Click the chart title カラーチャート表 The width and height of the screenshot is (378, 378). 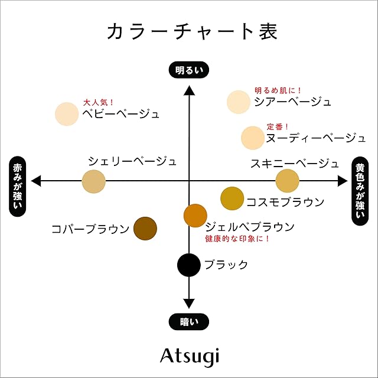tap(188, 31)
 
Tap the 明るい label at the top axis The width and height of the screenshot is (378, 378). tap(189, 70)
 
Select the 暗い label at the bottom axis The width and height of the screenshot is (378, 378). tap(189, 321)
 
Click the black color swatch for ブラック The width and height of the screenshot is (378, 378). tap(189, 264)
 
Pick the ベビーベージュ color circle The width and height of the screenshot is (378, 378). tap(66, 114)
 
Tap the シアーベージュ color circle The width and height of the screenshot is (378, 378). tap(239, 102)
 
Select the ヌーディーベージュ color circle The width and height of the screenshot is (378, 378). tap(253, 138)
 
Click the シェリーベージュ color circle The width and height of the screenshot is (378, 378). tap(93, 181)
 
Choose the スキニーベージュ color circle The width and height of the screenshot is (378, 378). tap(287, 181)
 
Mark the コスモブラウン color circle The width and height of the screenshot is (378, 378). tap(232, 198)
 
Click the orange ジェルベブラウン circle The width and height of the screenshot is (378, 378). tap(195, 216)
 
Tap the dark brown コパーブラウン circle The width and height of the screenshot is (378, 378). tap(145, 229)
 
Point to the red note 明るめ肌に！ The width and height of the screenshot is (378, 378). tap(278, 90)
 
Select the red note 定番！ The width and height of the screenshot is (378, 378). tap(278, 126)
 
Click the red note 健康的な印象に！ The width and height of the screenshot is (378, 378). tap(237, 239)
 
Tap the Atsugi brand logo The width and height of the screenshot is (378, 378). tap(189, 356)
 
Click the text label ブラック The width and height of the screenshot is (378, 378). tap(226, 265)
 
